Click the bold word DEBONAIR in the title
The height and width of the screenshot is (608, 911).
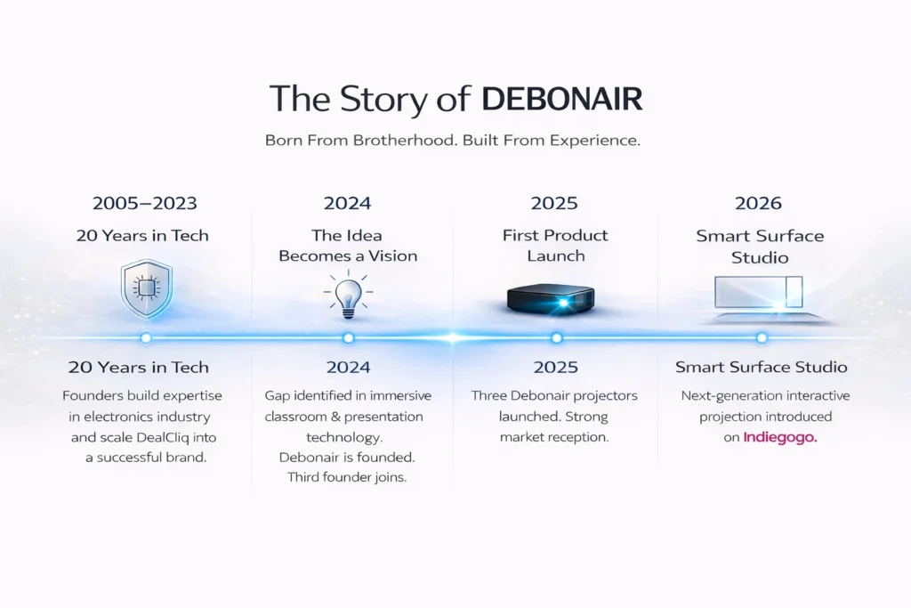(562, 98)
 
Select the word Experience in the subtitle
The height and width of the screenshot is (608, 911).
(595, 141)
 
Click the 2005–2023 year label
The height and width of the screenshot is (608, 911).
(145, 203)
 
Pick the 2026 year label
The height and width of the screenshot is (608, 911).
(758, 203)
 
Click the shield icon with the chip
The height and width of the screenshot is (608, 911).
(147, 289)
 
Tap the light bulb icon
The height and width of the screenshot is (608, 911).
(348, 295)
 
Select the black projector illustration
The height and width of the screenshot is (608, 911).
(551, 299)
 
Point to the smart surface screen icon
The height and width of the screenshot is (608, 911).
(762, 298)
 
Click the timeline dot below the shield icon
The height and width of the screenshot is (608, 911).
(146, 337)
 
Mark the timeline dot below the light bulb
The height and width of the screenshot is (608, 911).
(348, 337)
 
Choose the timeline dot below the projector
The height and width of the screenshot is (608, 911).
(557, 337)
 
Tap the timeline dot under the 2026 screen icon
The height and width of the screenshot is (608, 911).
(762, 337)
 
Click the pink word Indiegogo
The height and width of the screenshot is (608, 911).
(780, 438)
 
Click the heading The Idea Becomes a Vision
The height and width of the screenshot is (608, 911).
(348, 246)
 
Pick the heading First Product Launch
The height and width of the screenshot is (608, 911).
(555, 246)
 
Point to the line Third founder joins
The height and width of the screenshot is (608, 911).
(347, 477)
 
